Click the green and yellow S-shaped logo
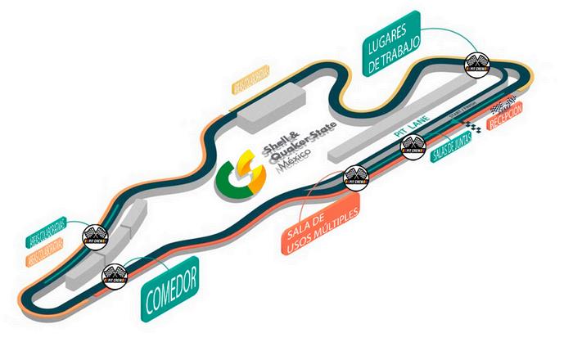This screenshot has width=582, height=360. click(239, 173)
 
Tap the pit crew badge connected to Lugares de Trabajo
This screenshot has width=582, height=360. click(476, 63)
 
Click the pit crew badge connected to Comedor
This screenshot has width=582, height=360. click(113, 276)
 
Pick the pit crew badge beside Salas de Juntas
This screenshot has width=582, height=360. click(413, 147)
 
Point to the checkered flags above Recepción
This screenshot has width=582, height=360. click(501, 108)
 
